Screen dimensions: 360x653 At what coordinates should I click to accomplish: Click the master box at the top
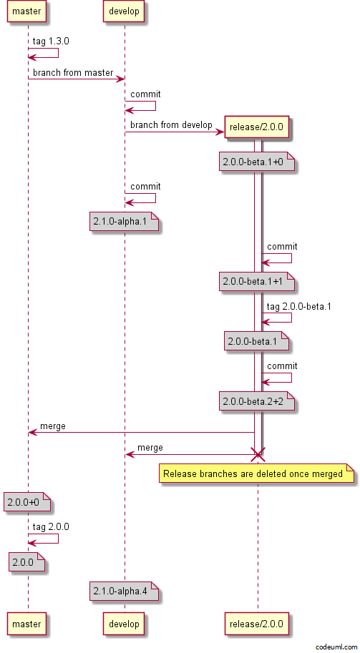(26, 11)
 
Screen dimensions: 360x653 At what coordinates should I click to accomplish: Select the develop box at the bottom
(124, 624)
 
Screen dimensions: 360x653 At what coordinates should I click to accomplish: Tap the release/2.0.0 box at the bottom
(257, 624)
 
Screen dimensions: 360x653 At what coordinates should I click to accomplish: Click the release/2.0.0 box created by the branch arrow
(257, 127)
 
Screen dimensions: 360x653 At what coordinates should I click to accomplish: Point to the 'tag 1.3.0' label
(46, 41)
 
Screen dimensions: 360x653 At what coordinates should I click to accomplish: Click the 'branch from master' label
(73, 73)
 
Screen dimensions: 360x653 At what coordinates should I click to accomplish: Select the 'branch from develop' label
(171, 124)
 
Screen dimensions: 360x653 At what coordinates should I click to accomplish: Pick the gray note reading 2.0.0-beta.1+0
(257, 163)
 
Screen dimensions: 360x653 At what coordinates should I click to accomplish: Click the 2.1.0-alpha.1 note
(124, 221)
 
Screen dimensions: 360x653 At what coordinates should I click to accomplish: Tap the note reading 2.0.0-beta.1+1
(257, 282)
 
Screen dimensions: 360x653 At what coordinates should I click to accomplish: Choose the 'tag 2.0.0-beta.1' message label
(298, 307)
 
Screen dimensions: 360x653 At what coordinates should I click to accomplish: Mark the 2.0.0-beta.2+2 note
(257, 402)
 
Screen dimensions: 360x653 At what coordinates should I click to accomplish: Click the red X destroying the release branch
(258, 455)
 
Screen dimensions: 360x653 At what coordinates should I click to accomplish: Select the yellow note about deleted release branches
(257, 474)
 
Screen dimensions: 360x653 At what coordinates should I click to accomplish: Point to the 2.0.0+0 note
(27, 502)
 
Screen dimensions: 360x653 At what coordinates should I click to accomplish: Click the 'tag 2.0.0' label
(51, 527)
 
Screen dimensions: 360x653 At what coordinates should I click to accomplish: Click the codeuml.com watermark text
(336, 647)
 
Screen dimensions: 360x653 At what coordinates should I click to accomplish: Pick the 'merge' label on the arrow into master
(53, 426)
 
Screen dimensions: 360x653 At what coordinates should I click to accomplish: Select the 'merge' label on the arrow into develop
(150, 448)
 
